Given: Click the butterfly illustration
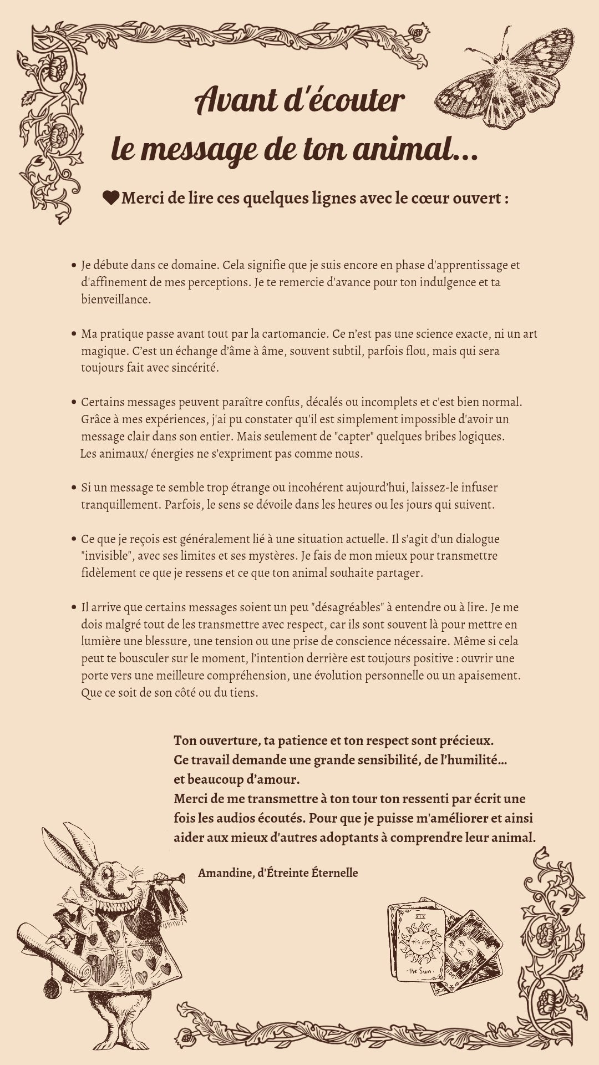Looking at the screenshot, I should coord(505,83).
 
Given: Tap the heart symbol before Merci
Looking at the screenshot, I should coord(111,197).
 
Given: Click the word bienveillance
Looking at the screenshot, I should coord(115,300).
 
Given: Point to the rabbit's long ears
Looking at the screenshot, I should coord(69,849).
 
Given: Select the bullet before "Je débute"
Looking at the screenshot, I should coord(74,265).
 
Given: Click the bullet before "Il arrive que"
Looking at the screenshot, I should coord(74,607).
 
